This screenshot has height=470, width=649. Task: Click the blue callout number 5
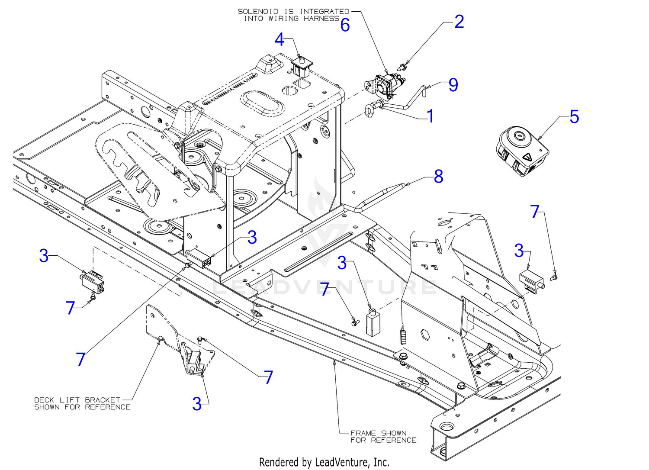[574, 116]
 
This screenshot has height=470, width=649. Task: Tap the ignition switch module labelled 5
[521, 151]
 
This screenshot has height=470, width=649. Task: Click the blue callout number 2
[459, 22]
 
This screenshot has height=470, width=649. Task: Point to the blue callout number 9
[453, 85]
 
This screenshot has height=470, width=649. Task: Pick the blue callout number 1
[430, 116]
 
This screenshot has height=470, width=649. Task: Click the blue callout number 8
[438, 176]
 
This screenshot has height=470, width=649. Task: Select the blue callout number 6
[345, 25]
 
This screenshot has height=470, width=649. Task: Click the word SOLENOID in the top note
[258, 11]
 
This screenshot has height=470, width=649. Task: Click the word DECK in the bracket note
[44, 400]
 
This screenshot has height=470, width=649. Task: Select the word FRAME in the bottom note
[363, 433]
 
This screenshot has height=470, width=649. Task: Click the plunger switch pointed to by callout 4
[301, 66]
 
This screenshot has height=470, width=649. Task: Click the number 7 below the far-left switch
[71, 308]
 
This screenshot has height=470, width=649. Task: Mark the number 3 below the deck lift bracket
[197, 404]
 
